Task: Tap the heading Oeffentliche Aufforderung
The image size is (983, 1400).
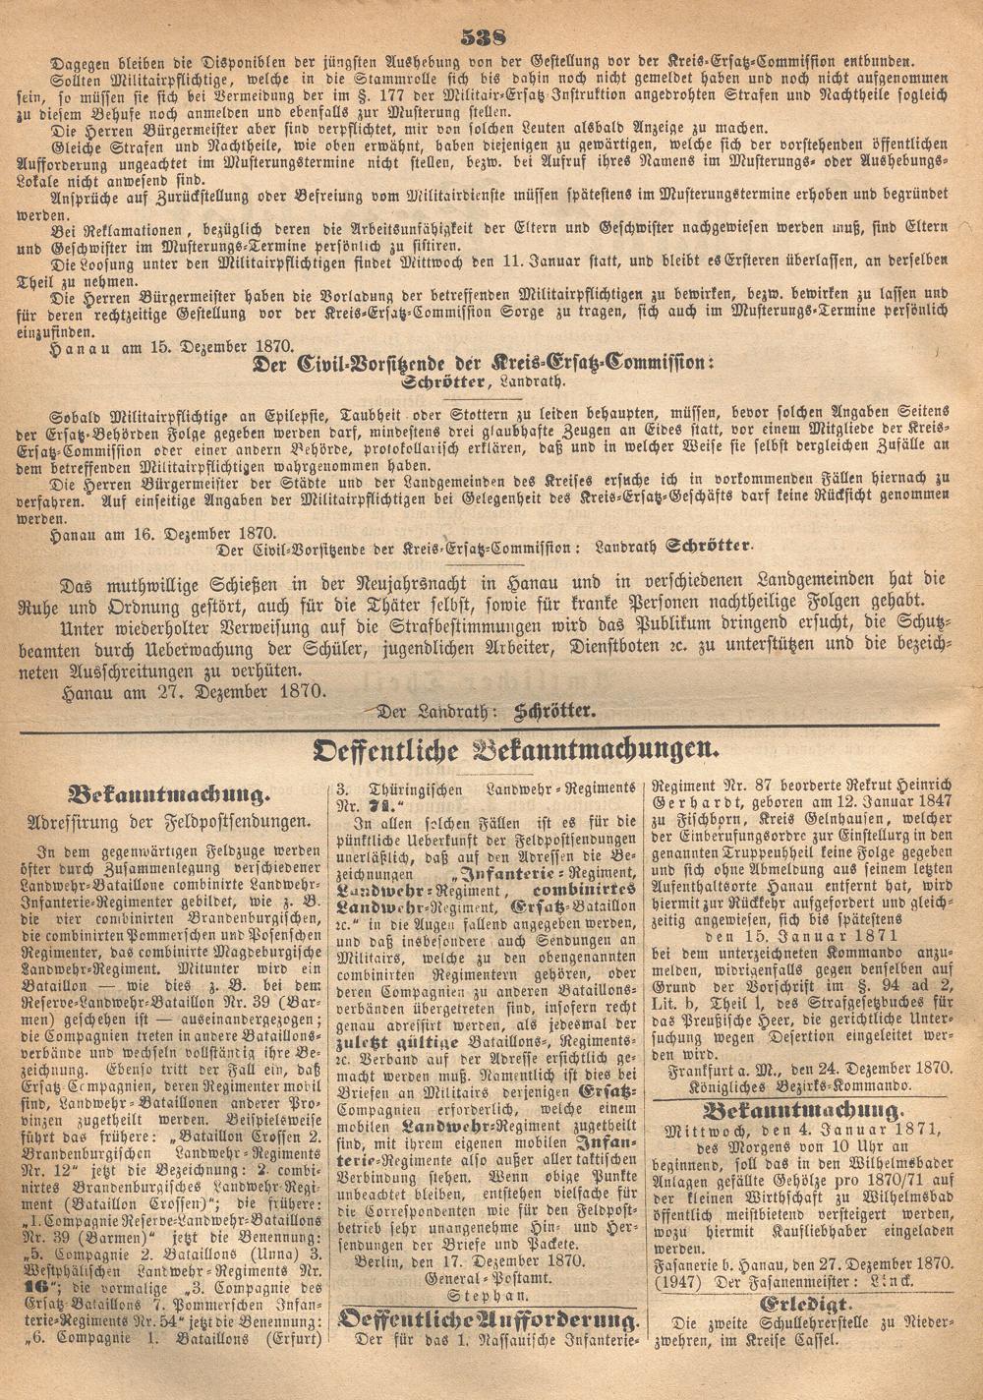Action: coord(489,1318)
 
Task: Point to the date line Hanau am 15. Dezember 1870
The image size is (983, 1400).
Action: coord(157,345)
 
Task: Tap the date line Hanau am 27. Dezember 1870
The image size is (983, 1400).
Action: coord(192,690)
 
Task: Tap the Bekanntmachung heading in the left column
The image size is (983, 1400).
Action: coord(166,793)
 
